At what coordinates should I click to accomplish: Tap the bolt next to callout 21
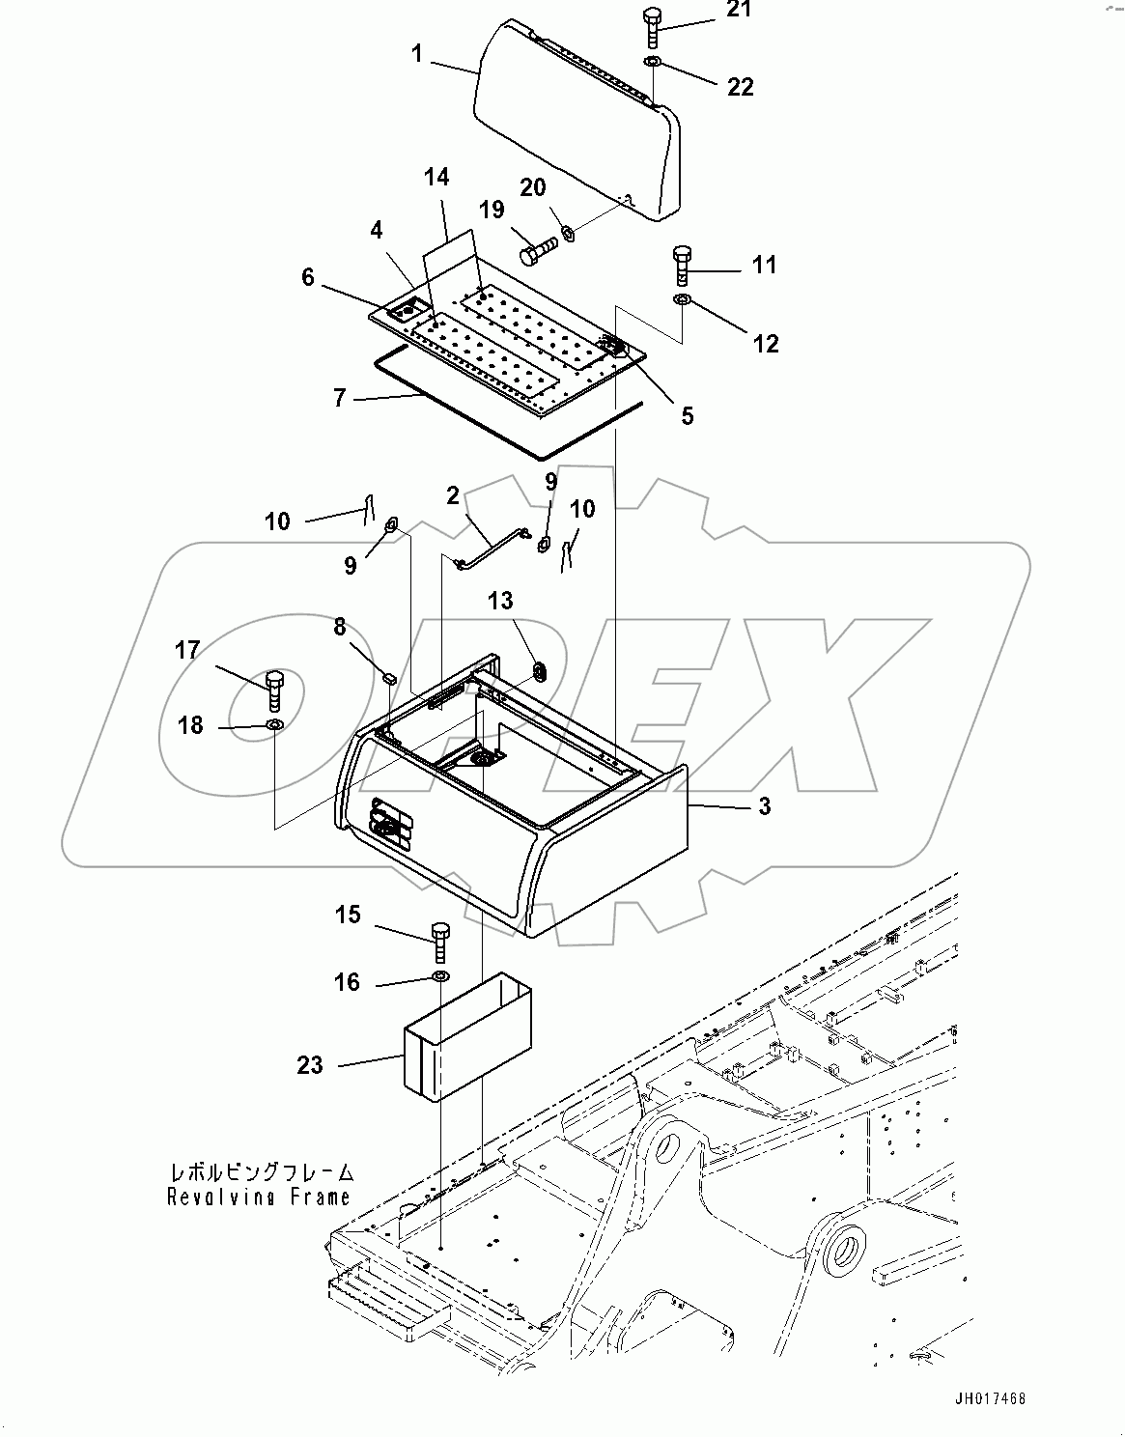pos(649,27)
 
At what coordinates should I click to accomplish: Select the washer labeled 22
pos(652,62)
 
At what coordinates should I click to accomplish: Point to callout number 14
pos(436,177)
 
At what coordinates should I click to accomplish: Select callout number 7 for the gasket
pos(339,398)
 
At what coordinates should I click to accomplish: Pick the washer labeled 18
pos(274,724)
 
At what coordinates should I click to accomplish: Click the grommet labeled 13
pos(538,668)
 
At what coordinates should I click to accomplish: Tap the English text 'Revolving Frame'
pos(258,1197)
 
